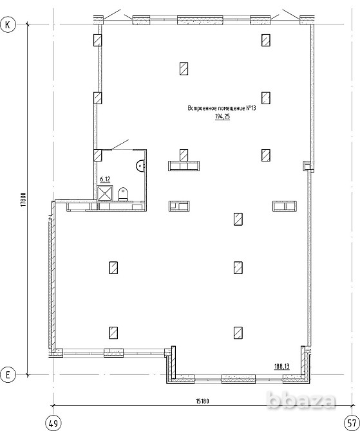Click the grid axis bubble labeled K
click(8, 24)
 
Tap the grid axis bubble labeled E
click(8, 374)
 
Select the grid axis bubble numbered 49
click(53, 423)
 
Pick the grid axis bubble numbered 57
click(352, 423)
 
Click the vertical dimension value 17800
click(23, 199)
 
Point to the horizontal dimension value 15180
click(202, 401)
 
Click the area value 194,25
click(222, 116)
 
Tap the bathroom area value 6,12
click(105, 179)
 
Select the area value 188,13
click(282, 366)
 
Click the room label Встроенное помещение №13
click(222, 108)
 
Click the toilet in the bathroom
click(123, 194)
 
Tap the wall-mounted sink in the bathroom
click(140, 166)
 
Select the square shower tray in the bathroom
click(105, 194)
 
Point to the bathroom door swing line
click(120, 145)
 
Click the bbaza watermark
click(301, 400)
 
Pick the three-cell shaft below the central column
click(184, 166)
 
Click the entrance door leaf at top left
click(112, 14)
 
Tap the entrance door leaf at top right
click(291, 14)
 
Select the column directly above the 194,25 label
click(265, 98)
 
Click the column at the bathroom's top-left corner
click(98, 155)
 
